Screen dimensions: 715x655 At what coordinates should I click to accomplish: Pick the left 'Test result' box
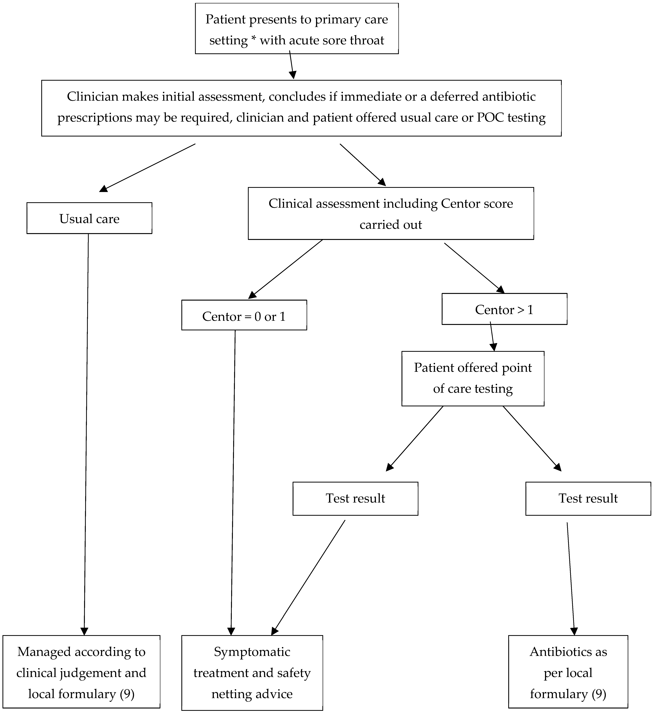[x=355, y=498]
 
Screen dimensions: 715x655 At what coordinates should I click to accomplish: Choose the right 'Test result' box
[x=588, y=498]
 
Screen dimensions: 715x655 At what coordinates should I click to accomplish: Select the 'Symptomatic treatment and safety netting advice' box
[x=252, y=673]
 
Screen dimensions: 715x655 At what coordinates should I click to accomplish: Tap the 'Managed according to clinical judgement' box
[x=81, y=673]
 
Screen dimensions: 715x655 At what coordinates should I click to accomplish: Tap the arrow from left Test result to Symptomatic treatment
[x=309, y=578]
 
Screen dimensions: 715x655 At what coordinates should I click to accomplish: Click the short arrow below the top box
[x=292, y=65]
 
